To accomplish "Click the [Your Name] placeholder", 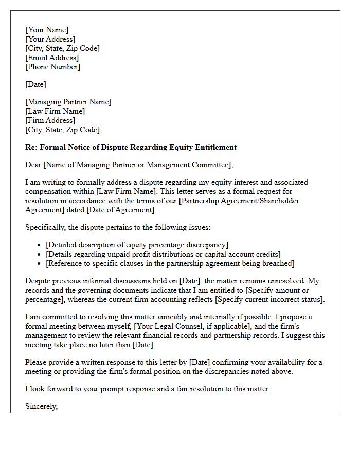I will point(47,30).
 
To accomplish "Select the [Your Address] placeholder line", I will point(50,39).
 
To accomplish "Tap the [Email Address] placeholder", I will point(52,58).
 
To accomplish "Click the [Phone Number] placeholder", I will point(52,67).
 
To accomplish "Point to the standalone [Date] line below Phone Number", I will point(35,84).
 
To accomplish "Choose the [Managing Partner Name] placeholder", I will point(68,102).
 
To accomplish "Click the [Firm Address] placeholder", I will point(50,120).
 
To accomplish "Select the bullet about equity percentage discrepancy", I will point(137,245).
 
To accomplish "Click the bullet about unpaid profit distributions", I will point(163,254).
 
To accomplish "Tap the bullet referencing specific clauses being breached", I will point(170,263).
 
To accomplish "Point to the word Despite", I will point(38,281).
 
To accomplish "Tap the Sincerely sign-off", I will point(42,406).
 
